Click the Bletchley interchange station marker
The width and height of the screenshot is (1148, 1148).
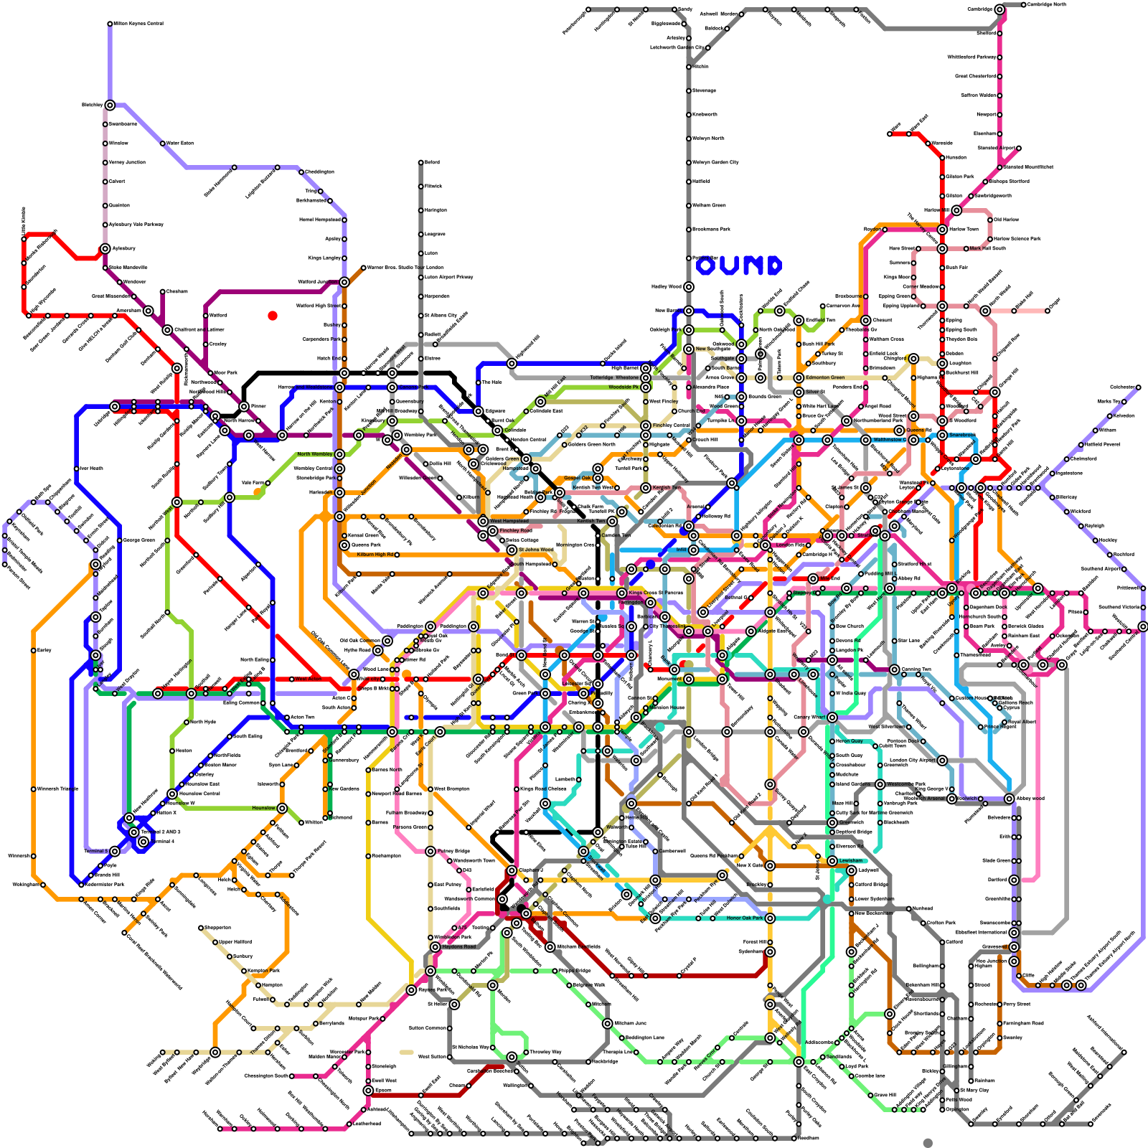pos(110,105)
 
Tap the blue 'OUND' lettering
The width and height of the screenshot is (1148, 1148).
pos(738,266)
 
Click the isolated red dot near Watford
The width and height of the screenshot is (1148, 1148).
pos(273,316)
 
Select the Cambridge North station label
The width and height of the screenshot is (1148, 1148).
pos(1046,4)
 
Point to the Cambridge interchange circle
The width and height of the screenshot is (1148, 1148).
pos(1000,9)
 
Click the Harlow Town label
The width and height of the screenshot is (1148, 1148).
pos(964,229)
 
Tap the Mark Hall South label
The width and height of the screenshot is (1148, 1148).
pos(987,248)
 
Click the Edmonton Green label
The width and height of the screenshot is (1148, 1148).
pos(825,377)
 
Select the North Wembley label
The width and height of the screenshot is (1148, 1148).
pos(315,454)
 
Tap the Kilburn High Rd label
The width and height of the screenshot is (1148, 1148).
pos(375,555)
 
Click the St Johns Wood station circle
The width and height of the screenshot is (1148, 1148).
pos(512,550)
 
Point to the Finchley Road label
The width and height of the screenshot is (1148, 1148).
pos(515,531)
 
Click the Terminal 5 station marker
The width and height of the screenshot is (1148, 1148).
pos(115,851)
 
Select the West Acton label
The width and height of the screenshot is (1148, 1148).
pos(308,679)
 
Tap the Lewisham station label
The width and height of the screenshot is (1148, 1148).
pos(851,860)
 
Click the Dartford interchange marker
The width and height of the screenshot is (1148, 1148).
pos(1014,880)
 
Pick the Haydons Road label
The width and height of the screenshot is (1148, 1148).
pos(458,946)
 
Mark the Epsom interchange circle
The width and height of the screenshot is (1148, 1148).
pos(368,1090)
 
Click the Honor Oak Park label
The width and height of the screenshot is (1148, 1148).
pos(745,918)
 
